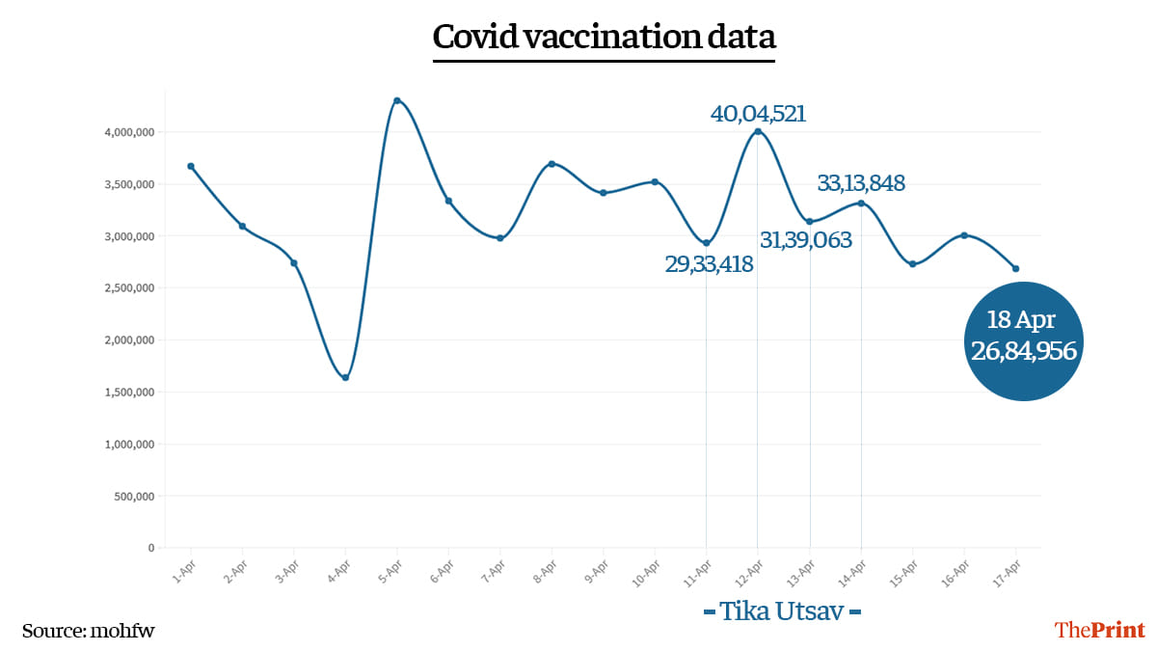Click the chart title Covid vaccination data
tap(604, 37)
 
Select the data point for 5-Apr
tap(397, 100)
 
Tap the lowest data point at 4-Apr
tap(345, 377)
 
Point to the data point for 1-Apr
tap(191, 166)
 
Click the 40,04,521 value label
tap(758, 114)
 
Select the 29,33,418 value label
tap(709, 264)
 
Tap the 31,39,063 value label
tap(806, 240)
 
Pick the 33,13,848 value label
tap(861, 183)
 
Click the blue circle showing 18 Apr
tap(1023, 340)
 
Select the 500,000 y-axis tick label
tap(132, 497)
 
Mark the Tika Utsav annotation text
tap(782, 611)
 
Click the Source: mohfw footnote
tap(89, 631)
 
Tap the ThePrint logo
tap(1100, 630)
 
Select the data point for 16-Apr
tap(963, 235)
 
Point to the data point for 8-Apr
tap(552, 164)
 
